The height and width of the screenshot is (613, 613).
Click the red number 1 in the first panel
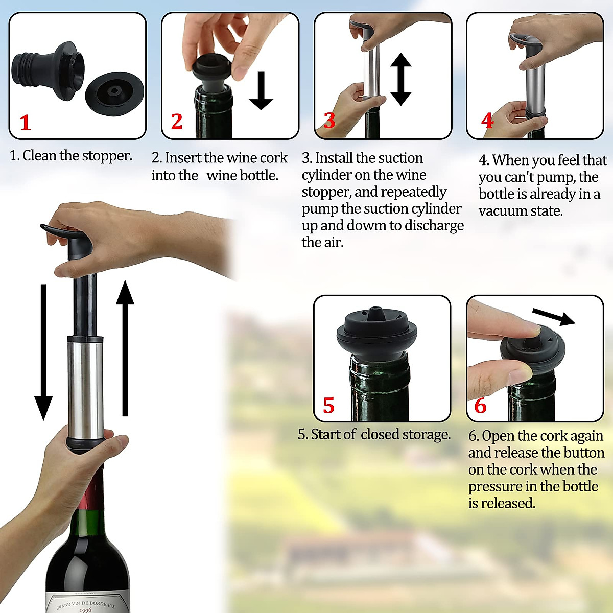[x=25, y=123]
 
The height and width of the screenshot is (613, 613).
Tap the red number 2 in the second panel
[x=176, y=122]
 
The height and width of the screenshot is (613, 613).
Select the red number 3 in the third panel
[x=329, y=121]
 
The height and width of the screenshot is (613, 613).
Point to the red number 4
[x=487, y=121]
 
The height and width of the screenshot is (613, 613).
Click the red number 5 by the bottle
[x=328, y=406]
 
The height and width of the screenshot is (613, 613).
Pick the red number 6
[x=480, y=406]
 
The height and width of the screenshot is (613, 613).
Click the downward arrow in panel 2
[x=261, y=90]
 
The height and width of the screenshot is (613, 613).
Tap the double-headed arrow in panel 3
[x=401, y=79]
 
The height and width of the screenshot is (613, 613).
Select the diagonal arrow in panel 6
[x=553, y=317]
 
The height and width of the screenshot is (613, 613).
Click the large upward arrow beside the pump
[x=125, y=347]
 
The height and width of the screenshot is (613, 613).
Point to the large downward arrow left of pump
[x=43, y=352]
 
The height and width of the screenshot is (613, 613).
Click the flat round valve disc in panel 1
[x=113, y=92]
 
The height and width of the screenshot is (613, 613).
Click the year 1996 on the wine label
[x=85, y=610]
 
